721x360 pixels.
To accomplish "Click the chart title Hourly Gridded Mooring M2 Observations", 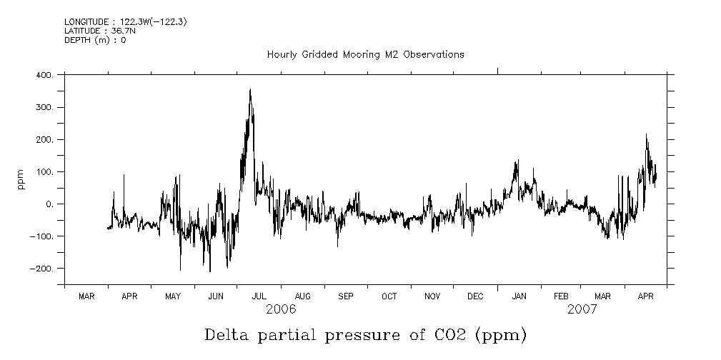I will tap(365, 55).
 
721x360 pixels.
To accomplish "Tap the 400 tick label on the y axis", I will tap(44, 75).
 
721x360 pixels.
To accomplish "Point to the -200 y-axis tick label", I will tap(41, 269).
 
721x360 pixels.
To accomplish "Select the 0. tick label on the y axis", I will tap(49, 204).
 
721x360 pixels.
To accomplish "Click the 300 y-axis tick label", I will tap(44, 107).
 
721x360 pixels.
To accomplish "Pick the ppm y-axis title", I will tap(22, 179).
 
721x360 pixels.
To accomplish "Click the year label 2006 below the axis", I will tap(281, 309).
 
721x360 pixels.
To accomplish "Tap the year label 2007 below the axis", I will tap(582, 309).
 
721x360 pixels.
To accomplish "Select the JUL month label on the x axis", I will tap(259, 296).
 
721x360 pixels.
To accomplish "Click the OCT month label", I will tap(389, 296).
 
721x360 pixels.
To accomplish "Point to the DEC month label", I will tap(475, 296).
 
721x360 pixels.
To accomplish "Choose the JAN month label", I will tap(519, 296).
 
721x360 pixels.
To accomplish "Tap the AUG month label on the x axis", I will tap(302, 296).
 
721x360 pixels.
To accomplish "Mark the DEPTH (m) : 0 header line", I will tap(95, 40).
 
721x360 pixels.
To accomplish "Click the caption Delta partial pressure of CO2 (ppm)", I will tap(365, 334).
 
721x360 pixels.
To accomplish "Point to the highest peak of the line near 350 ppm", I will tap(250, 90).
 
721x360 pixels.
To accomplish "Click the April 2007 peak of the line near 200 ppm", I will tap(646, 134).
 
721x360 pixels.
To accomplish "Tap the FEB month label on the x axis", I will tap(561, 296).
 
